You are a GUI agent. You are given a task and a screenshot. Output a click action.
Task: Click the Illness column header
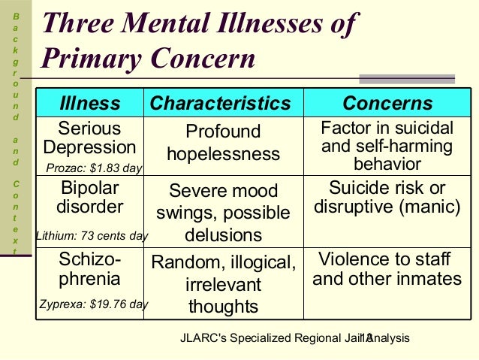[89, 103]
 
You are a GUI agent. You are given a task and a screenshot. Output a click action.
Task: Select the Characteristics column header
[220, 103]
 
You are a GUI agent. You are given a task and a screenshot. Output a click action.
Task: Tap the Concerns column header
[387, 103]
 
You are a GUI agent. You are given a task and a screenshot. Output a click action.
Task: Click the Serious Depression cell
[89, 138]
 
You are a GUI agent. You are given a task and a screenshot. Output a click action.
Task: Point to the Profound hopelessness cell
[223, 143]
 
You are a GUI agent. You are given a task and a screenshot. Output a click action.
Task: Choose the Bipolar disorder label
[89, 196]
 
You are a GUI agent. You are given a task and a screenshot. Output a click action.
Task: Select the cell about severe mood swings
[223, 213]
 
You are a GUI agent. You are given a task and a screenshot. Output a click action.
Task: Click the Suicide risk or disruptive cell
[387, 196]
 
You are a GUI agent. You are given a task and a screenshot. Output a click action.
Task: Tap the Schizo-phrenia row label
[89, 269]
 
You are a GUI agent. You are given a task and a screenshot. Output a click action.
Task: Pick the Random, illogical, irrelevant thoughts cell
[223, 284]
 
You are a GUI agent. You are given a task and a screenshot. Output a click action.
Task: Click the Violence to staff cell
[387, 269]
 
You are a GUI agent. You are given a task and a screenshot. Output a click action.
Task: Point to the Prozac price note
[94, 168]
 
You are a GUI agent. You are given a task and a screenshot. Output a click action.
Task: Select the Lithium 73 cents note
[92, 236]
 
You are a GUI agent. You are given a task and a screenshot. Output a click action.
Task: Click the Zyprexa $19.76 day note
[93, 304]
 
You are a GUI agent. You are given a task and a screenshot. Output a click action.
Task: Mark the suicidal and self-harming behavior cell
[387, 145]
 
